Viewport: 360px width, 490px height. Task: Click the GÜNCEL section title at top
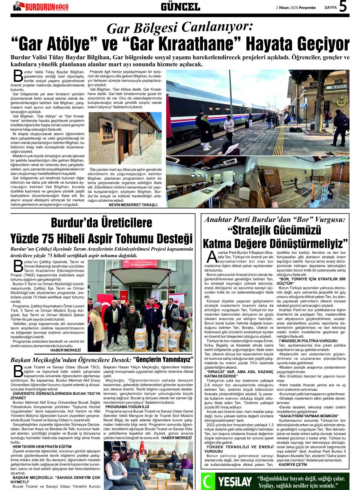[180, 7]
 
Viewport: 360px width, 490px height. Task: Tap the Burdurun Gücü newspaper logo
[40, 6]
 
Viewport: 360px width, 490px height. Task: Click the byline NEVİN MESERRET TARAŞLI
[133, 205]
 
